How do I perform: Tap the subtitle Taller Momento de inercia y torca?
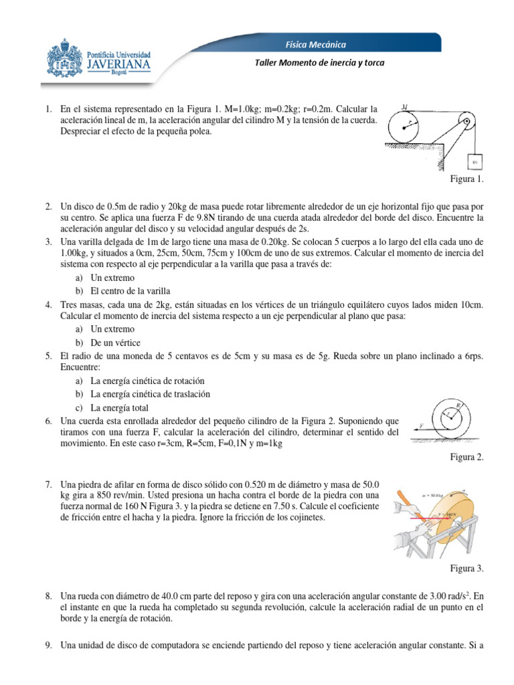tap(317, 63)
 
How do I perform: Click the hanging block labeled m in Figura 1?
tap(475, 161)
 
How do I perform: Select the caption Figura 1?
tap(468, 179)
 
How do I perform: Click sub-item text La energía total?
tap(120, 407)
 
